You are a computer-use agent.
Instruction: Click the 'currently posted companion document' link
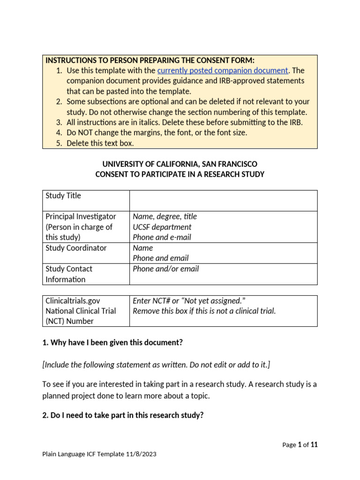coord(223,70)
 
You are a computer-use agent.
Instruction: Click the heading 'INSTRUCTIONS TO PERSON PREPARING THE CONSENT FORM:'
coord(150,60)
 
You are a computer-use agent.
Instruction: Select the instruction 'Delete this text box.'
coord(100,143)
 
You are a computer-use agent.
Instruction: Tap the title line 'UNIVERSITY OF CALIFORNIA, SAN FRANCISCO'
coord(180,164)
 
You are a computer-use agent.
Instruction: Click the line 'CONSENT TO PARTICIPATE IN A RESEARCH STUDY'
coord(180,174)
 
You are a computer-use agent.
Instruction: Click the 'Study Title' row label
coord(63,195)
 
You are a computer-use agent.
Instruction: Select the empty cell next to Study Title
coord(223,200)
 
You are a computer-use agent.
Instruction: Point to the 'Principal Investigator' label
coord(81,217)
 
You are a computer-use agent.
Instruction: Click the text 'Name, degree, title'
coord(165,217)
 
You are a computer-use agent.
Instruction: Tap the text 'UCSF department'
coord(162,227)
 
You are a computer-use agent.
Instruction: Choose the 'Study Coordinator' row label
coord(76,248)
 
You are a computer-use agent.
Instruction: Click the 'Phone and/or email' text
coord(166,269)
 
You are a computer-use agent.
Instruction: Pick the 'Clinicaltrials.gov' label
coord(73,300)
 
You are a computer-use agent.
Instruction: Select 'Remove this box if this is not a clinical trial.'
coord(204,311)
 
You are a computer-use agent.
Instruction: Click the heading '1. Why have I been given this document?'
coord(112,342)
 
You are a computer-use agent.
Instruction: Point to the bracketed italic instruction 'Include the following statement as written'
coord(156,365)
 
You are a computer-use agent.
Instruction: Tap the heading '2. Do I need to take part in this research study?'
coord(123,415)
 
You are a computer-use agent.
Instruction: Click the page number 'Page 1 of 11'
coord(300,445)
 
